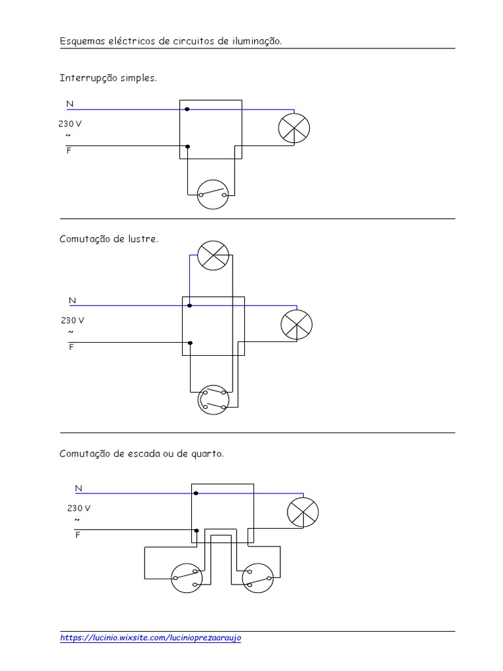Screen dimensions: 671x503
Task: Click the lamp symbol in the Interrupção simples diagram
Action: pos(293,128)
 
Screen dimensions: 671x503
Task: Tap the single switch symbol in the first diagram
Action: pos(214,194)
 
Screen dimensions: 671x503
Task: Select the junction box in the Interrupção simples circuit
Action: pos(211,129)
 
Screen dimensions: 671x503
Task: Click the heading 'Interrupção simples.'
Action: pos(109,78)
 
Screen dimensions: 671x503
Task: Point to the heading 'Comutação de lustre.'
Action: pos(109,239)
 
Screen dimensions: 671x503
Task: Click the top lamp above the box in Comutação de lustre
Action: pos(214,255)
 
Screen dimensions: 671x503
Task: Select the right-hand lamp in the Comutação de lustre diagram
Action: pos(296,324)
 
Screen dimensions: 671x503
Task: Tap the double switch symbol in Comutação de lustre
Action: pos(214,400)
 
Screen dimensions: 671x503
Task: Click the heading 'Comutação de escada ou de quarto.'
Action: pos(142,453)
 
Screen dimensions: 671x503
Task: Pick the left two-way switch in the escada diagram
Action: pos(187,577)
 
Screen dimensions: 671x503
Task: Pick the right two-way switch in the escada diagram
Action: pos(257,577)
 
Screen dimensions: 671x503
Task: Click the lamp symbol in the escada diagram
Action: pos(303,511)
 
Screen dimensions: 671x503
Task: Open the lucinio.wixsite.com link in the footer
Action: pos(151,638)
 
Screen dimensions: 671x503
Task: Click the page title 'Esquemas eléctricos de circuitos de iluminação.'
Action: pos(172,41)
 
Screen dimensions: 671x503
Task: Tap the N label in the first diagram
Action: pos(69,104)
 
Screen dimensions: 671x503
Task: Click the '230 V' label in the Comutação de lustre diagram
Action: pos(73,320)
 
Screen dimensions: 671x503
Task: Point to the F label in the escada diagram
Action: pos(77,535)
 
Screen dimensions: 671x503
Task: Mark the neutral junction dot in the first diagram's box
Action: pos(187,109)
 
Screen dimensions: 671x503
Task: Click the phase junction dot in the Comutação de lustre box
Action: pos(190,343)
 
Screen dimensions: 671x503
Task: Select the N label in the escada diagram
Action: pos(79,488)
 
